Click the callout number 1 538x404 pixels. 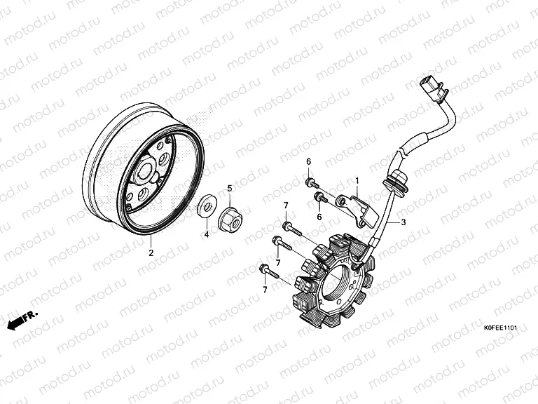pos(356,180)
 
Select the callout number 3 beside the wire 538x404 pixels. pos(403,222)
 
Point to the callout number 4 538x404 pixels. pos(207,234)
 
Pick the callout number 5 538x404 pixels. pos(228,187)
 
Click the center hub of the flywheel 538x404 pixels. pos(150,170)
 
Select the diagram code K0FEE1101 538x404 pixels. pos(499,328)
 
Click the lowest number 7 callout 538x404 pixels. pos(265,289)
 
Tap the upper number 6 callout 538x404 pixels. pos(308,162)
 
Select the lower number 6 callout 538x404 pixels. pos(319,217)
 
